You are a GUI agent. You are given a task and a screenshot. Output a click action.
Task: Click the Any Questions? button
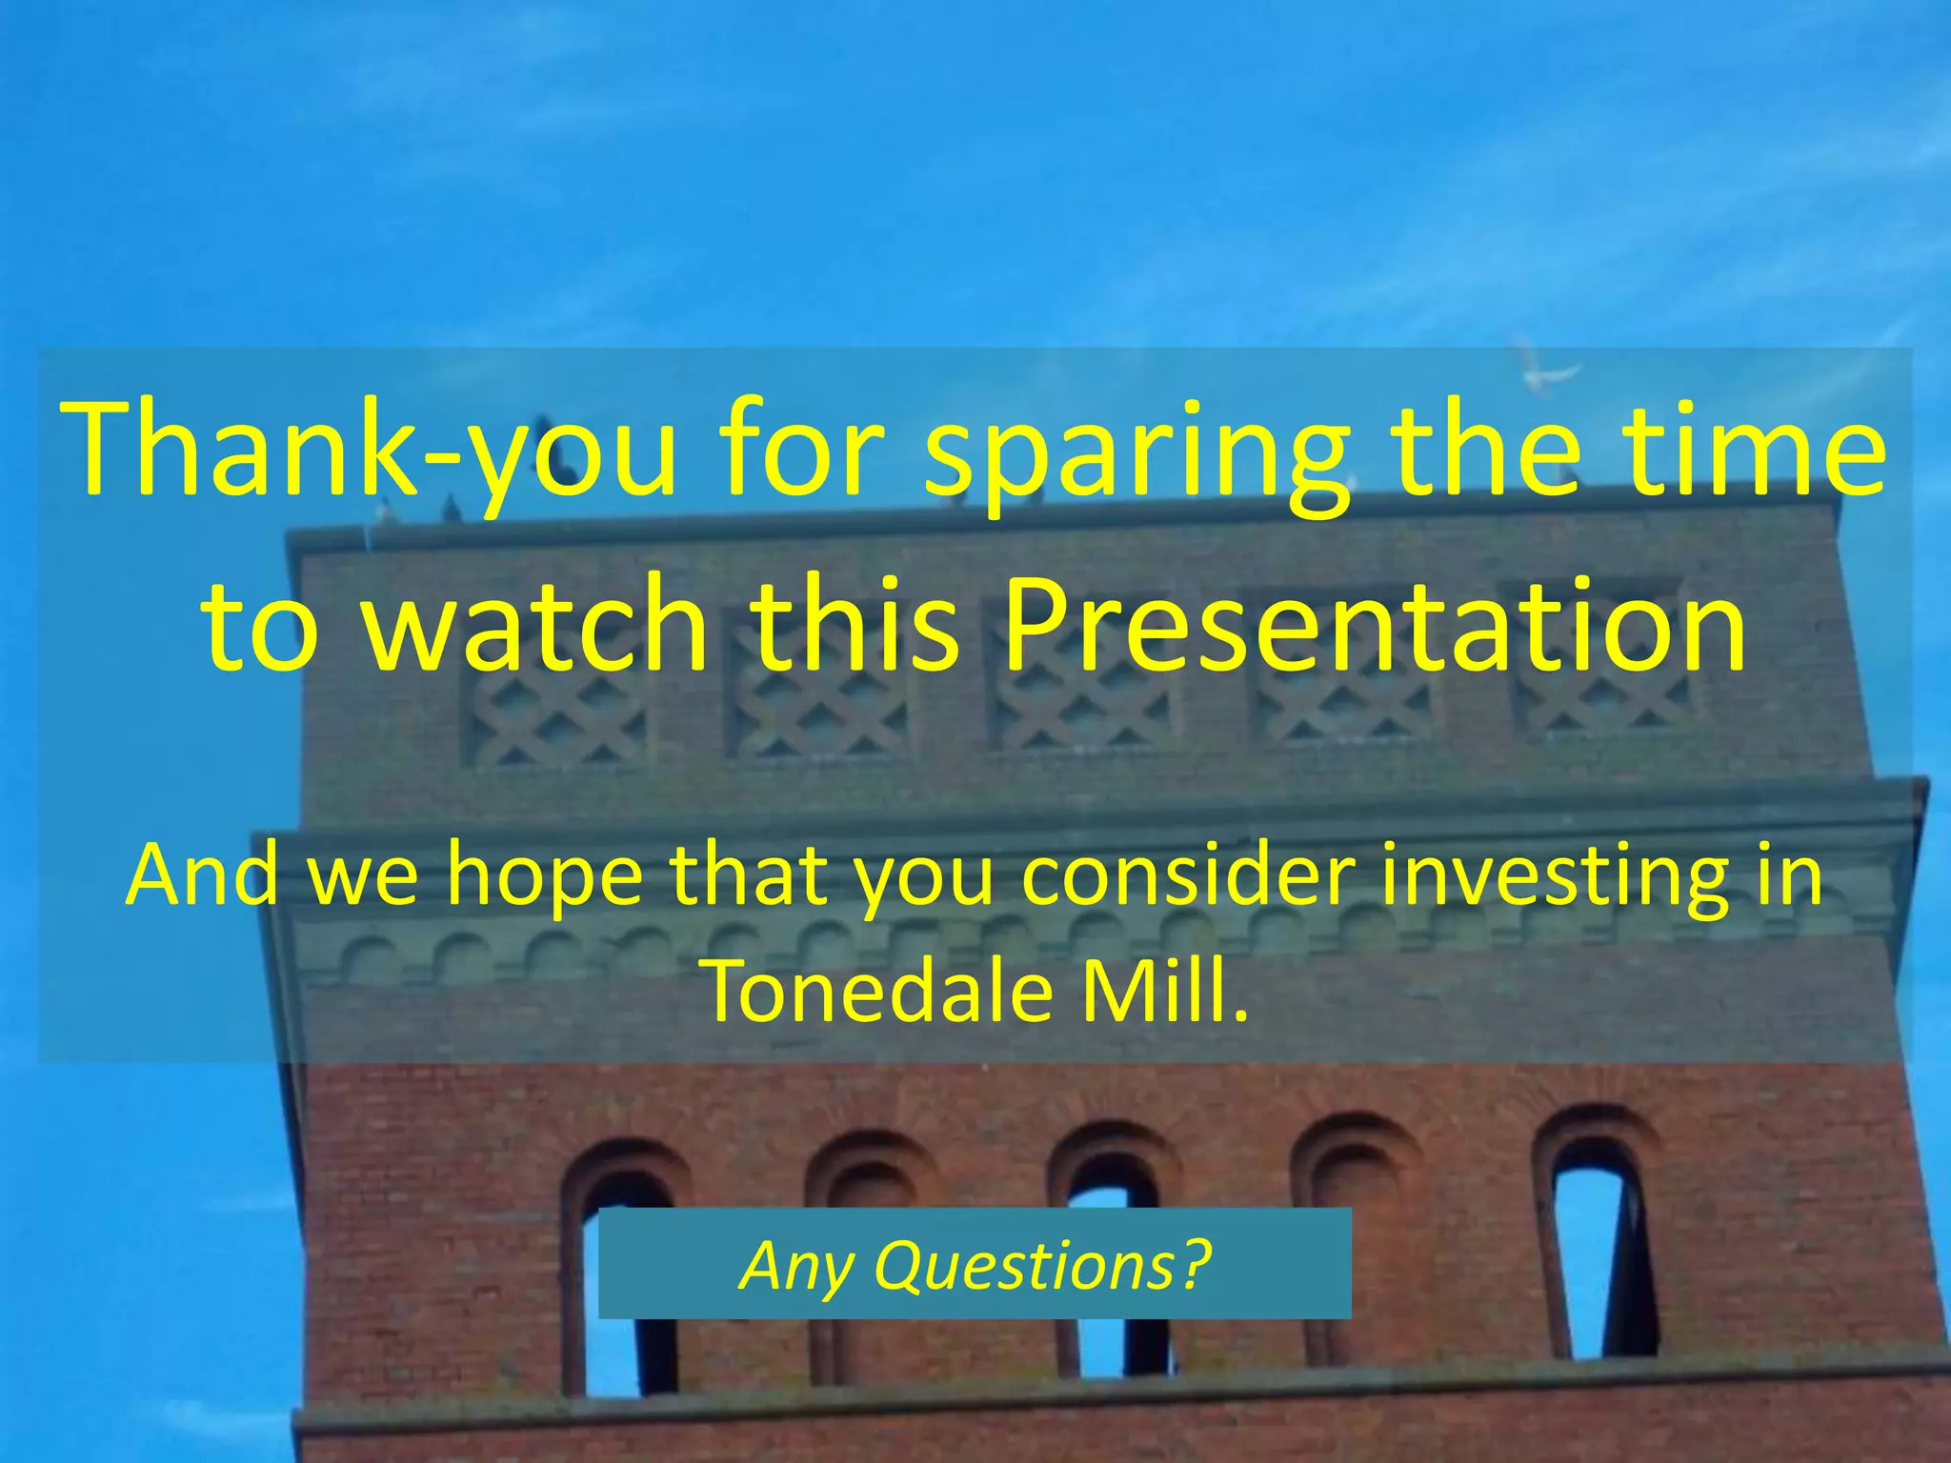coord(974,1264)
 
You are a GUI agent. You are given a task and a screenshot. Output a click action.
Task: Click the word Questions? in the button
coord(1042,1266)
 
